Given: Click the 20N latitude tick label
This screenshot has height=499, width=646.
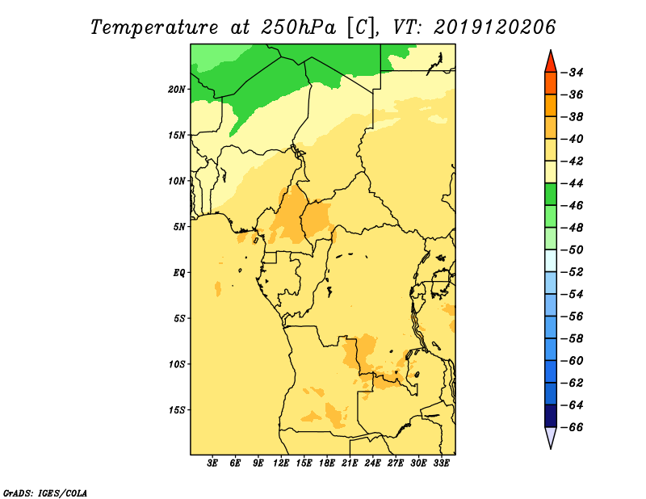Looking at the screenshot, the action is [177, 90].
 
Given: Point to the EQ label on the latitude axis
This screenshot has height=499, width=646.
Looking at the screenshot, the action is [179, 273].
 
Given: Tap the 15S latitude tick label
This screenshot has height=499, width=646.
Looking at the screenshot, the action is [177, 410].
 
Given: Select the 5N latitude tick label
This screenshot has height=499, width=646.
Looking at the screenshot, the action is [179, 227].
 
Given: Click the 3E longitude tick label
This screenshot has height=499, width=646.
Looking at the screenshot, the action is [212, 463].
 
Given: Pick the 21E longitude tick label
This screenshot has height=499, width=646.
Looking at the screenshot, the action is [350, 463].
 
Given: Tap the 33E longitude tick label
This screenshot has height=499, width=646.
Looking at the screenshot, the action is [441, 463].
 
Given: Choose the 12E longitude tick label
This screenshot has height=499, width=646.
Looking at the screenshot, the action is [280, 463].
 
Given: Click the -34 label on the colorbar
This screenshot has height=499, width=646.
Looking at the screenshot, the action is [573, 73].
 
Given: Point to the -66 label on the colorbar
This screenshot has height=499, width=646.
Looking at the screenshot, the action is [573, 427].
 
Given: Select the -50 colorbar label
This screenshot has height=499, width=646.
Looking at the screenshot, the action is [573, 249].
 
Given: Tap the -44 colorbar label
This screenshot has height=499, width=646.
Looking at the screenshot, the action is [573, 183].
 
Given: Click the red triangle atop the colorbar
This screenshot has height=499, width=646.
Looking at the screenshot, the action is [551, 63].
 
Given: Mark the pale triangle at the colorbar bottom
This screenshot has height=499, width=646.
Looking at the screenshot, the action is [551, 436].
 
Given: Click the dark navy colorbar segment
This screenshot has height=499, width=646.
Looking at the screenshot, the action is [551, 416].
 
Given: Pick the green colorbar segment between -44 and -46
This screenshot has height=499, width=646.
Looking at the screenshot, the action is [551, 195].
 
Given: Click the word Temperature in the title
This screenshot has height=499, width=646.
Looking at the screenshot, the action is [154, 28].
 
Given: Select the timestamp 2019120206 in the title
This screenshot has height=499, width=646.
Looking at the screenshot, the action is [494, 27].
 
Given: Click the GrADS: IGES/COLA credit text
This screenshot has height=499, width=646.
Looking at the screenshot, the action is [45, 493].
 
